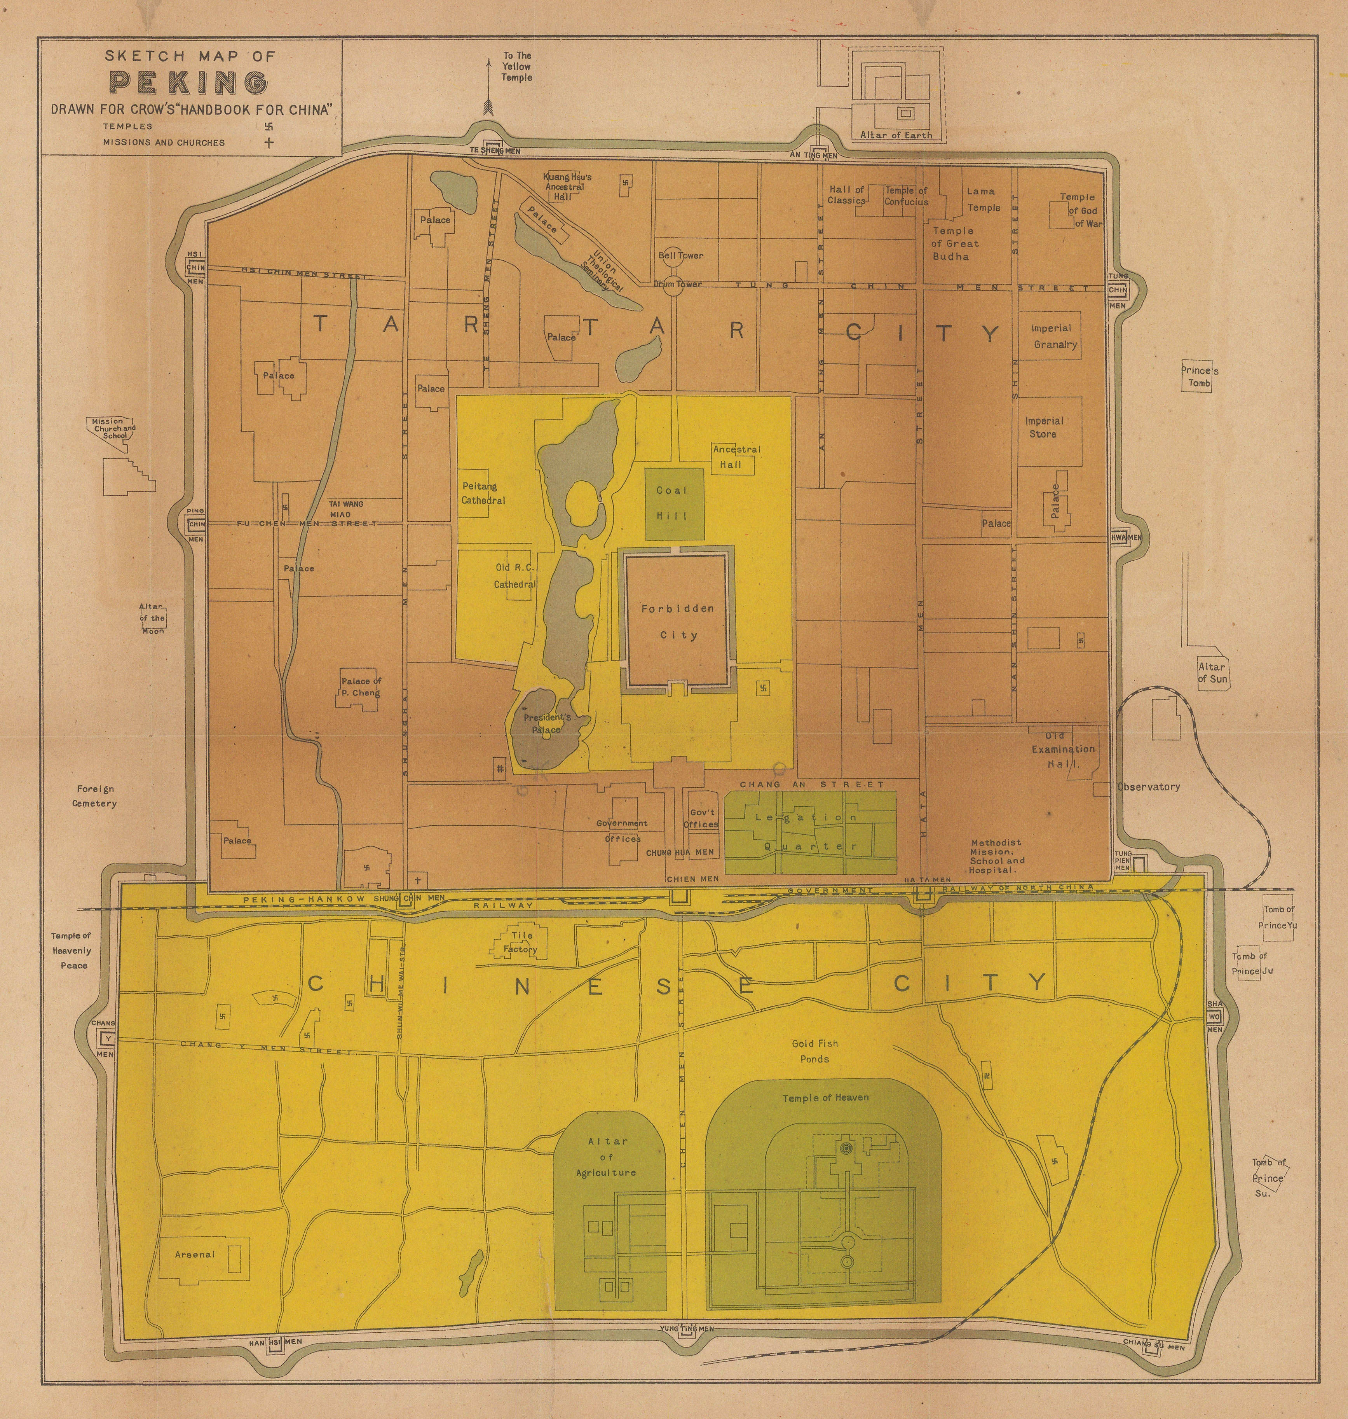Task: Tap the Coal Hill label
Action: [x=672, y=503]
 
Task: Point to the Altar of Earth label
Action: [x=896, y=135]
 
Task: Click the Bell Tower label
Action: [x=680, y=255]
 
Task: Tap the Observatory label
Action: [x=1148, y=786]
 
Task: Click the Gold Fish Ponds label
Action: [x=815, y=1051]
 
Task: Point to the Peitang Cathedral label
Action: [x=483, y=493]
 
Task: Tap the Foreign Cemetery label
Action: [x=94, y=796]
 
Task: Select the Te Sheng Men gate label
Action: [x=495, y=151]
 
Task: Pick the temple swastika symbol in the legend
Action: [x=269, y=126]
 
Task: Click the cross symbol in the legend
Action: [x=269, y=142]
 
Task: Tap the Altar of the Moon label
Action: [x=152, y=618]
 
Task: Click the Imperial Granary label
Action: [x=1054, y=336]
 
